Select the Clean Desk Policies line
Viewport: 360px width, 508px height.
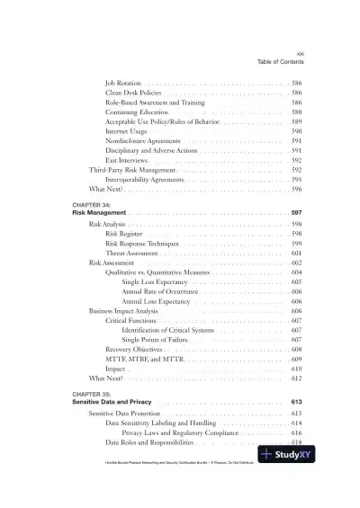point(133,93)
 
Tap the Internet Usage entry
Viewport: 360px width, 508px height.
point(126,131)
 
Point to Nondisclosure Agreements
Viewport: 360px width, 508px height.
point(144,141)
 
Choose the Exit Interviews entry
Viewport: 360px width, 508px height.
point(128,161)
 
